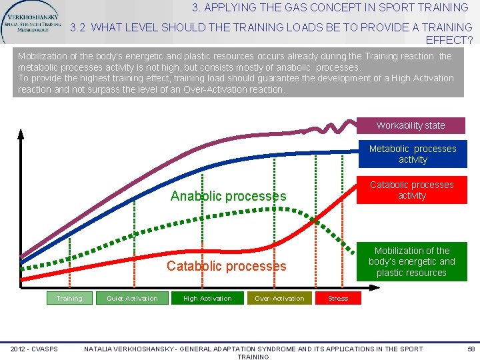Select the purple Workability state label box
tap(411, 125)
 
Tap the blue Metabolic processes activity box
tap(413, 154)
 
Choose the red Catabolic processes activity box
tap(411, 190)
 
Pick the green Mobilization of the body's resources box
tap(411, 261)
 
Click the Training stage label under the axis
tap(69, 299)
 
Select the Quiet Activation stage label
tap(132, 299)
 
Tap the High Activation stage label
tap(207, 299)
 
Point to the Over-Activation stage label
tap(279, 299)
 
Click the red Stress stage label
tap(338, 299)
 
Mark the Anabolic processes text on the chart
tap(228, 196)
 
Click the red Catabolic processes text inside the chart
tap(226, 266)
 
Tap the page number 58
tap(471, 349)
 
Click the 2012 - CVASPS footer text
tap(34, 349)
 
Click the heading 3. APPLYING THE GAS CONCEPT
tap(330, 8)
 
